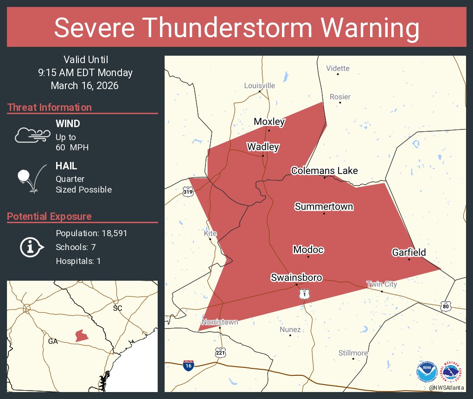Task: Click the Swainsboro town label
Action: coord(296,277)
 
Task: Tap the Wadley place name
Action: coord(263,147)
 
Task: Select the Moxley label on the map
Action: coord(269,122)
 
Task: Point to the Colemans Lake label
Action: coord(324,171)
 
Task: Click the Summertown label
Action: coord(324,206)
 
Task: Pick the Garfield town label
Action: coord(409,252)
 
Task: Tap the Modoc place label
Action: coord(308,250)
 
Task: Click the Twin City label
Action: coord(382,284)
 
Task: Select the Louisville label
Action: coord(260,85)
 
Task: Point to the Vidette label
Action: coord(338,68)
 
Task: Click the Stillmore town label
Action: coord(353,353)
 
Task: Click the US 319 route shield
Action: coord(187,192)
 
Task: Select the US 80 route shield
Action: coord(446,306)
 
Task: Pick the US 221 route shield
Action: coord(221,353)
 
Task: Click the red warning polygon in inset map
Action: coord(82,335)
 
